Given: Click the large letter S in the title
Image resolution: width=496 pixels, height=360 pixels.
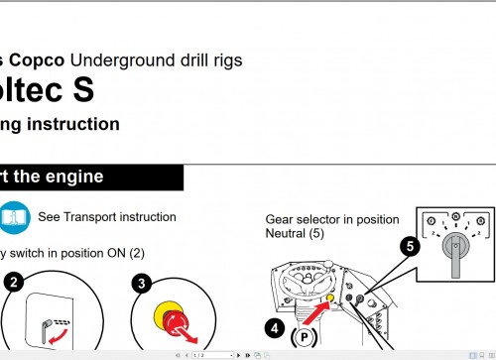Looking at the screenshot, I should pyautogui.click(x=80, y=90).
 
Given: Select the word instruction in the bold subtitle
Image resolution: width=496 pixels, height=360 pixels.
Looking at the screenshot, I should pyautogui.click(x=73, y=124).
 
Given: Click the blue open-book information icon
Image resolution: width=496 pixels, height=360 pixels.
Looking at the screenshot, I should pyautogui.click(x=14, y=216).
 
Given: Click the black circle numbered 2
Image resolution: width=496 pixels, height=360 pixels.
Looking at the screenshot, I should pyautogui.click(x=13, y=282).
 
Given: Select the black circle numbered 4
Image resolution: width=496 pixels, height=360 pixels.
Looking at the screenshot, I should pyautogui.click(x=275, y=324).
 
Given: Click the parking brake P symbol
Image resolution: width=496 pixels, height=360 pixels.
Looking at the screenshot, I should pyautogui.click(x=305, y=338).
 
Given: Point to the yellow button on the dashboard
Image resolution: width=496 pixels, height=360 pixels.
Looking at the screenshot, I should pyautogui.click(x=329, y=295).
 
